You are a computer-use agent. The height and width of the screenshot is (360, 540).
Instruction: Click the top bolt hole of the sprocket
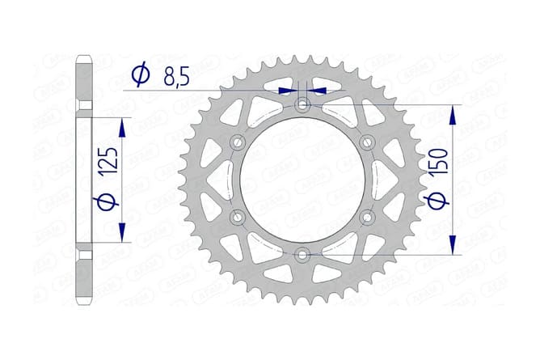pyautogui.click(x=302, y=105)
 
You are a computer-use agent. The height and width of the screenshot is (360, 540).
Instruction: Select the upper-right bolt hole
pyautogui.click(x=367, y=142)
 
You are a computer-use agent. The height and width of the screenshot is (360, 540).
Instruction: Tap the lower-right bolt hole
pyautogui.click(x=367, y=217)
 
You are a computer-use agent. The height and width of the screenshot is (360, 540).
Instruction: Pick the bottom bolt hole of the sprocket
pyautogui.click(x=302, y=255)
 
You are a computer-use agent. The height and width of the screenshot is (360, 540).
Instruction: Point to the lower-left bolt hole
pyautogui.click(x=238, y=217)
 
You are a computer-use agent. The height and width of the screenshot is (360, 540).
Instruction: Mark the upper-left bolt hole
pyautogui.click(x=238, y=142)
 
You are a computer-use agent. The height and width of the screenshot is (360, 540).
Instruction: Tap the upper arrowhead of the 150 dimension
pyautogui.click(x=452, y=115)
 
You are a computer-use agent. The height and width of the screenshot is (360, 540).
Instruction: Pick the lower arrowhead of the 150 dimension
pyautogui.click(x=452, y=244)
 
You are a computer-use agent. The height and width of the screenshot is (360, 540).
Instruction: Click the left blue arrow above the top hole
pyautogui.click(x=287, y=91)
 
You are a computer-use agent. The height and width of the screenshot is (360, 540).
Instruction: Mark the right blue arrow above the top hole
pyautogui.click(x=319, y=91)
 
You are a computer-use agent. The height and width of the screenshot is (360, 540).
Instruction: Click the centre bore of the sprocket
pyautogui.click(x=302, y=180)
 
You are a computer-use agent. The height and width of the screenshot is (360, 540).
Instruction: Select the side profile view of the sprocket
pyautogui.click(x=85, y=180)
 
